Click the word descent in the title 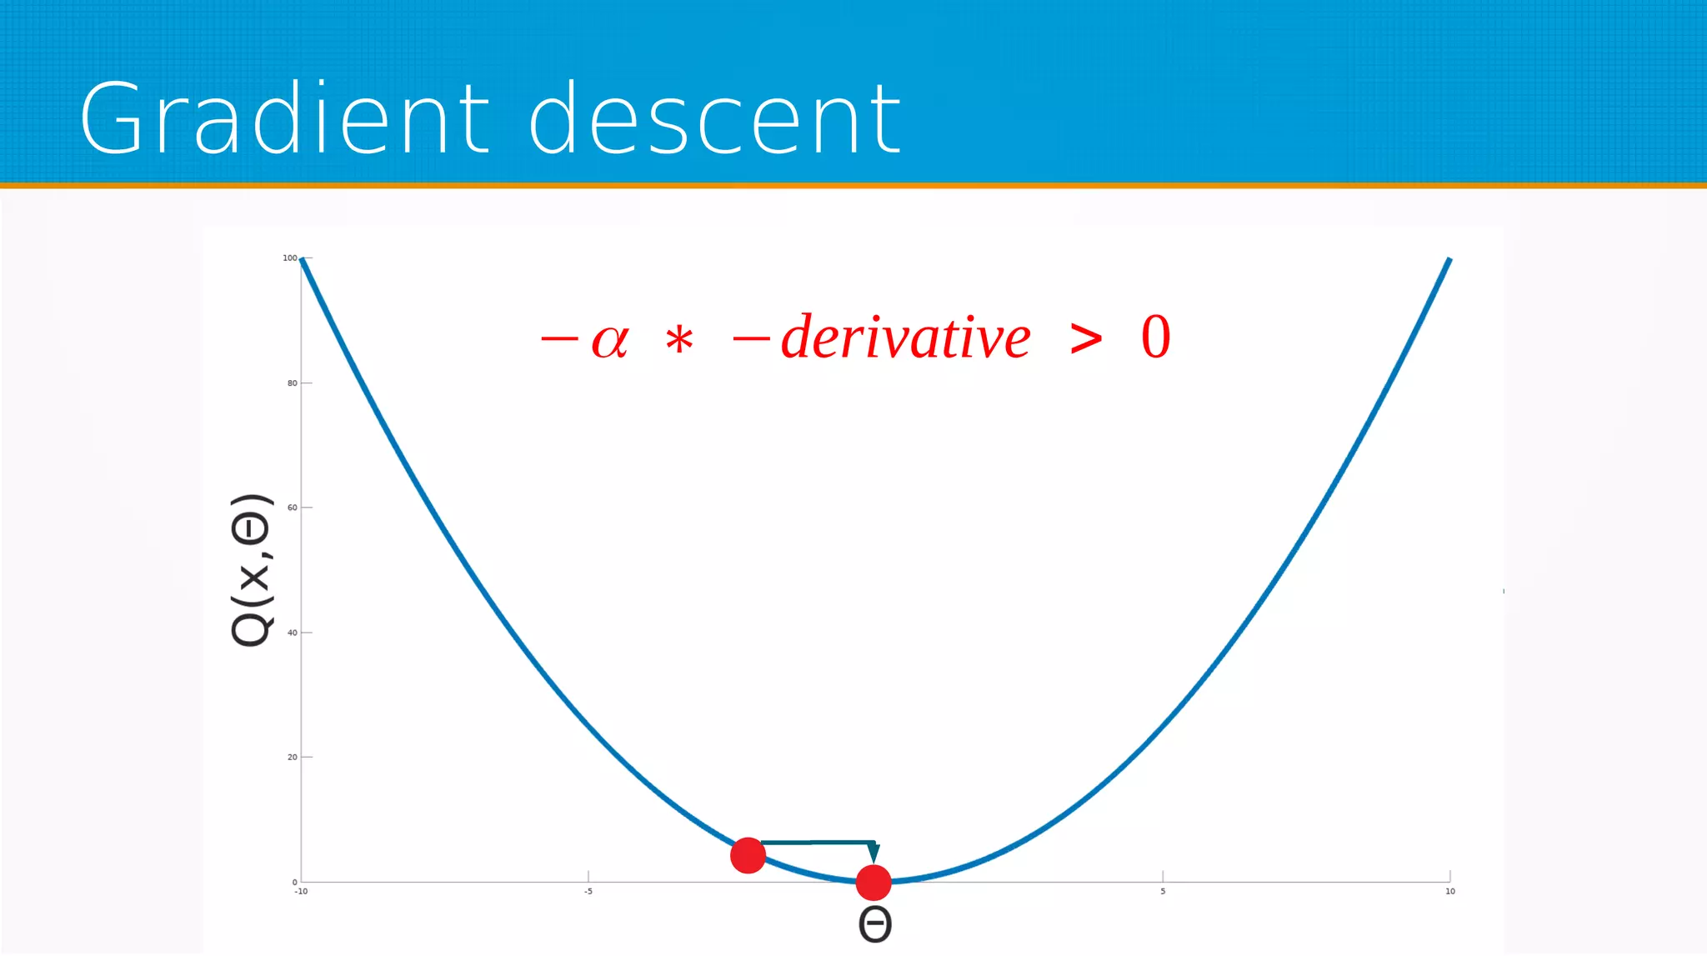click(x=714, y=118)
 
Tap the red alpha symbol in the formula click(x=609, y=340)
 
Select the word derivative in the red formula click(x=905, y=338)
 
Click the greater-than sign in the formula click(x=1085, y=338)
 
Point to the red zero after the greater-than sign click(x=1155, y=338)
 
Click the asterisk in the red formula click(x=679, y=341)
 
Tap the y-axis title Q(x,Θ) click(x=251, y=570)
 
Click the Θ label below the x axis click(x=874, y=924)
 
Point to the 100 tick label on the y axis click(x=289, y=258)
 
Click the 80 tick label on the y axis click(x=292, y=383)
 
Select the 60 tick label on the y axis click(x=292, y=508)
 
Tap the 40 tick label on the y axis click(x=292, y=633)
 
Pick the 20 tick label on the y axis click(x=292, y=758)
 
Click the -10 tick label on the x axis click(x=301, y=892)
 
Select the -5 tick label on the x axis click(x=588, y=892)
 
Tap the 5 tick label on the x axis click(x=1163, y=892)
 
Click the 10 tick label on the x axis click(x=1449, y=892)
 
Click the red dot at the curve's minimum click(x=874, y=883)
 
